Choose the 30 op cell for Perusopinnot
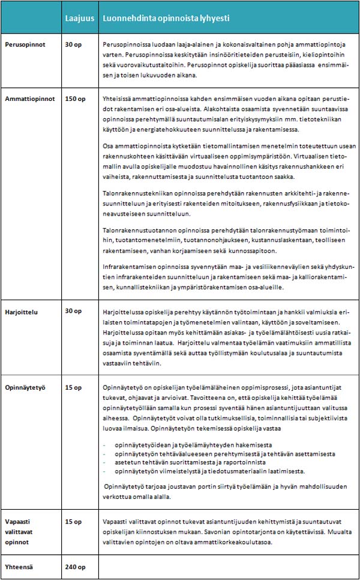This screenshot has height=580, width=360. point(73,45)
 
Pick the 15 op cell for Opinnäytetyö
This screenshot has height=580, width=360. point(73,387)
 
